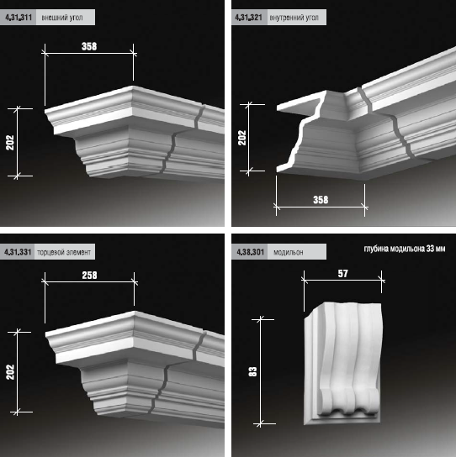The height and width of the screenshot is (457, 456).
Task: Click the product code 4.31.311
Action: (19, 17)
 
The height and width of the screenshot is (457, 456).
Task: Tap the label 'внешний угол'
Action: (62, 18)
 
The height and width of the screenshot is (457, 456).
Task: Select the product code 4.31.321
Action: (249, 17)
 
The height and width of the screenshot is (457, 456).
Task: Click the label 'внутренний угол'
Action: (294, 18)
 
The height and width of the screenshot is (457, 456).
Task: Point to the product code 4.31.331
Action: (18, 252)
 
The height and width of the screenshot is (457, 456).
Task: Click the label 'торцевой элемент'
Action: (64, 252)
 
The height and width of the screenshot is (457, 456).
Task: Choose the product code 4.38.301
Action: (251, 252)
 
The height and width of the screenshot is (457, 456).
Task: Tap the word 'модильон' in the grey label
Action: (288, 252)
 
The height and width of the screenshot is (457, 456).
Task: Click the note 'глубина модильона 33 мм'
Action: (405, 249)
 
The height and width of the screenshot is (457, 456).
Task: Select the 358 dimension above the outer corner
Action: (89, 46)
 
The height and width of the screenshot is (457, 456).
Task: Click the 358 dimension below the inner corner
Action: (321, 200)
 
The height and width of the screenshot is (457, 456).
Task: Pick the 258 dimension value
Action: (89, 276)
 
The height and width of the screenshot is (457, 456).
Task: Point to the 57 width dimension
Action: (343, 273)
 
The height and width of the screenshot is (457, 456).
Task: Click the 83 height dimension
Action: (252, 371)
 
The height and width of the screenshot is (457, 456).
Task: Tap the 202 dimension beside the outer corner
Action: (10, 143)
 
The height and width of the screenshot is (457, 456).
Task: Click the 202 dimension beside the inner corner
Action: (242, 138)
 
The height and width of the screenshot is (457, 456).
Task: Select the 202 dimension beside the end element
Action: (10, 372)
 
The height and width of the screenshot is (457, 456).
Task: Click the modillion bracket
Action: (343, 363)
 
